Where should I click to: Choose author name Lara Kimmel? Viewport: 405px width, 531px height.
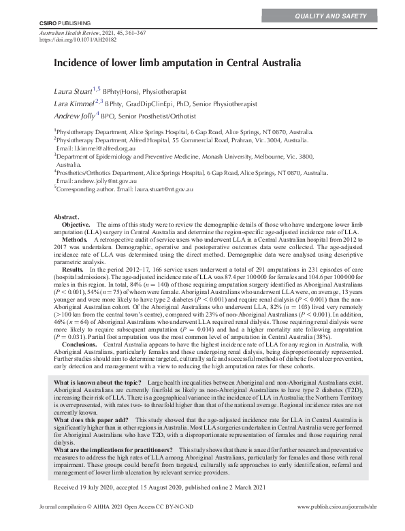[74, 103]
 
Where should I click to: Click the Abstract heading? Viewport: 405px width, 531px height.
[66, 216]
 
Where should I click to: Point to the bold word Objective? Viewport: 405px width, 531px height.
[76, 224]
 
